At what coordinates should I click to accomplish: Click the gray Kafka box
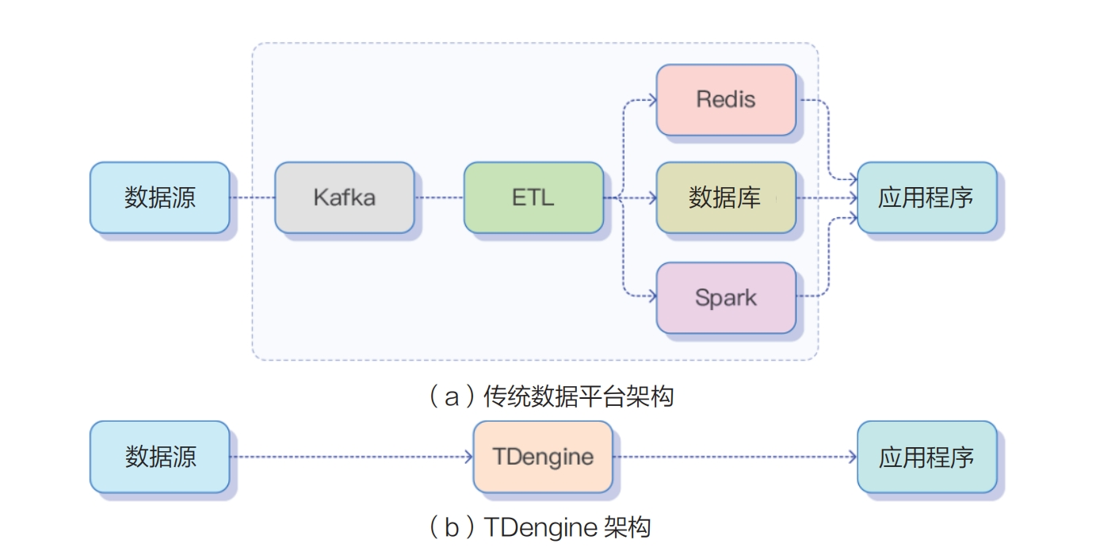[344, 197]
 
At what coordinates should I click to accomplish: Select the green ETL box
[533, 197]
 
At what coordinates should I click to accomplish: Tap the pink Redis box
[725, 99]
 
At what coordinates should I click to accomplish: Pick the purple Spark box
[725, 297]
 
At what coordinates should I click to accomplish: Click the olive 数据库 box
[725, 197]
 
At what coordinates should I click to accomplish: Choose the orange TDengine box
[543, 457]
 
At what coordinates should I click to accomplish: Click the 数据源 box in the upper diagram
[159, 197]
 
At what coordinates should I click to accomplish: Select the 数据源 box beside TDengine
[159, 457]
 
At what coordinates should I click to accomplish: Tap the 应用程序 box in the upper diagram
[926, 197]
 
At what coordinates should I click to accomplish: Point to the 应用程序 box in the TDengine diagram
[926, 457]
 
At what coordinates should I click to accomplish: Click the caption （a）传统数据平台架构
[551, 396]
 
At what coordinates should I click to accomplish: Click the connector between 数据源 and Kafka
[252, 197]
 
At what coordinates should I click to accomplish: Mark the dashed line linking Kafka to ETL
[438, 197]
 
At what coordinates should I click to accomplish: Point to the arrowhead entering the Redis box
[652, 99]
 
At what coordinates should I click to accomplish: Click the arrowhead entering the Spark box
[652, 297]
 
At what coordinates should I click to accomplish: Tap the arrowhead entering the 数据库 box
[652, 197]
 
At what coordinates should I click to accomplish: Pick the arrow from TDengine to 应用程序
[734, 457]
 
